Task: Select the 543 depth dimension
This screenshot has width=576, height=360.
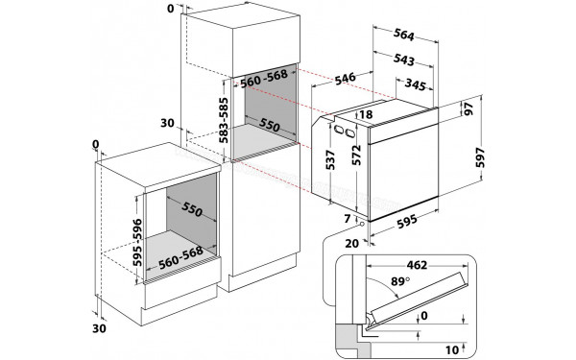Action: pyautogui.click(x=404, y=60)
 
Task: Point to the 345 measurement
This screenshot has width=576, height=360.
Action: pyautogui.click(x=414, y=86)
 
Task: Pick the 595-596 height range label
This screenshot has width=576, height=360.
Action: pyautogui.click(x=138, y=239)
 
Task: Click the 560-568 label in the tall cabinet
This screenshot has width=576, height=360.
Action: pyautogui.click(x=264, y=81)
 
